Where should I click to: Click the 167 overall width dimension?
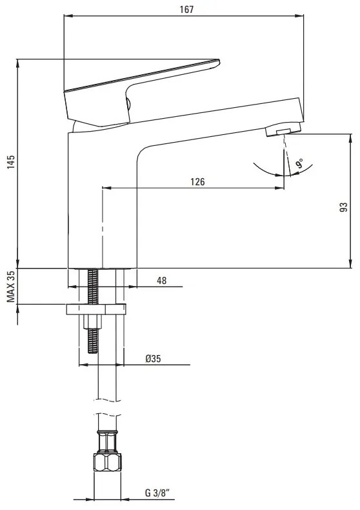pyautogui.click(x=186, y=10)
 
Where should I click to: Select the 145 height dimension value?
pyautogui.click(x=11, y=161)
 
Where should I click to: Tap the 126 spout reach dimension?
pyautogui.click(x=197, y=181)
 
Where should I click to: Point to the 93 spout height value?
pyautogui.click(x=343, y=207)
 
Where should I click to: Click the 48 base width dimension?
pyautogui.click(x=161, y=280)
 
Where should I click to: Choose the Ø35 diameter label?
pyautogui.click(x=153, y=359)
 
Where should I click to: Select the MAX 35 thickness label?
pyautogui.click(x=11, y=287)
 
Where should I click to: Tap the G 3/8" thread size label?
pyautogui.click(x=160, y=493)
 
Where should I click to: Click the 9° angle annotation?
pyautogui.click(x=299, y=163)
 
